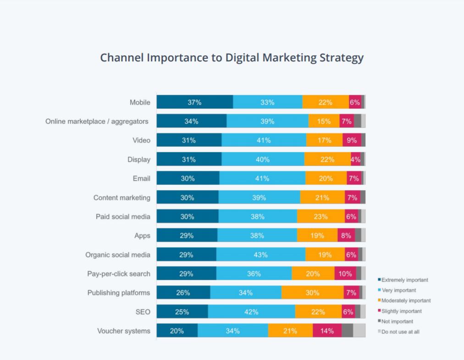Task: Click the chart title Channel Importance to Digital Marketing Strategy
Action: pyautogui.click(x=232, y=58)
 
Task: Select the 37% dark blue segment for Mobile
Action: pyautogui.click(x=194, y=102)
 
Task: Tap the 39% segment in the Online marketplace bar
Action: pyautogui.click(x=267, y=121)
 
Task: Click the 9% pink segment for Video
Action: pyautogui.click(x=351, y=140)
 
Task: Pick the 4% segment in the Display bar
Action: pyautogui.click(x=355, y=159)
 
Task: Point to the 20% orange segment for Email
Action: pyautogui.click(x=326, y=178)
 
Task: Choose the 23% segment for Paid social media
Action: pyautogui.click(x=320, y=216)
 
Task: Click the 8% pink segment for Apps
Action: pyautogui.click(x=346, y=235)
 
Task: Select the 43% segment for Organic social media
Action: pyautogui.click(x=260, y=254)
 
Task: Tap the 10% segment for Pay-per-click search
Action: pyautogui.click(x=345, y=273)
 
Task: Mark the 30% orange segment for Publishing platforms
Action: pyautogui.click(x=312, y=292)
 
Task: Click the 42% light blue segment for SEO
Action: pyautogui.click(x=251, y=311)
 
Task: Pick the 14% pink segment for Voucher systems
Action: pyautogui.click(x=327, y=330)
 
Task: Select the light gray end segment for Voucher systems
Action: pyautogui.click(x=359, y=330)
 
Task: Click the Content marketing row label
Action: pyautogui.click(x=122, y=197)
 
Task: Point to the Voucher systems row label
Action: pyautogui.click(x=123, y=330)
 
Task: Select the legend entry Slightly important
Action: pyautogui.click(x=400, y=311)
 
